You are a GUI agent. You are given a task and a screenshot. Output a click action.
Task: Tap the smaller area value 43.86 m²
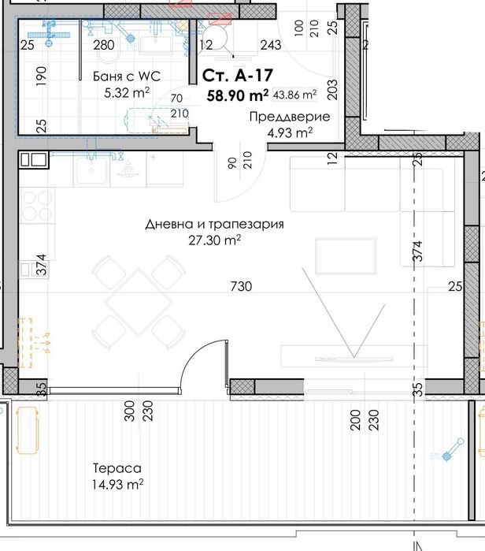pyautogui.click(x=294, y=95)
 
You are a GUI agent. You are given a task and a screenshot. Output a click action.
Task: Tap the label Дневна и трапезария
pyautogui.click(x=214, y=224)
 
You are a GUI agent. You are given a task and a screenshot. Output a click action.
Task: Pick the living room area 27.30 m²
pyautogui.click(x=214, y=239)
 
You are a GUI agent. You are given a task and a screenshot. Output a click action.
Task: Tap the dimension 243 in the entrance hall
pyautogui.click(x=270, y=46)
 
